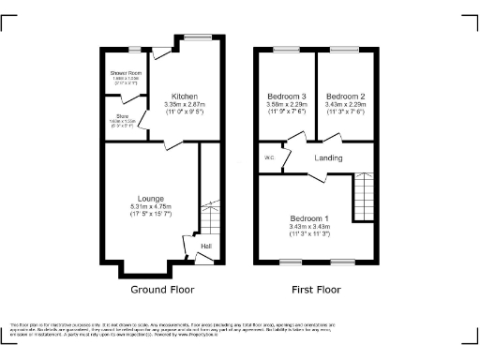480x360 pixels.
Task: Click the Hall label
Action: pyautogui.click(x=206, y=247)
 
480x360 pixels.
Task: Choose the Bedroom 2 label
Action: pyautogui.click(x=346, y=96)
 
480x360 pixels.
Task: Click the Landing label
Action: pyautogui.click(x=327, y=157)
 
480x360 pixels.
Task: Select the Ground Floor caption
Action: pyautogui.click(x=162, y=290)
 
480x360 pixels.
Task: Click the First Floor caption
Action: pyautogui.click(x=315, y=290)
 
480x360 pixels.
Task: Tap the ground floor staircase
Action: pyautogui.click(x=211, y=215)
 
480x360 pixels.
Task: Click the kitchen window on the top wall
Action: pyautogui.click(x=199, y=38)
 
